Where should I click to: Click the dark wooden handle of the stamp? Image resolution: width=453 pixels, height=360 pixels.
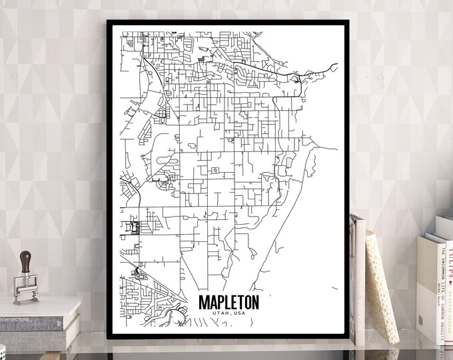26,260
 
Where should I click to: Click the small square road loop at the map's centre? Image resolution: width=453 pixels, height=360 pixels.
214,172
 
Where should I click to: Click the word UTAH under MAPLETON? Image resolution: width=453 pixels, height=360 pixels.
221,313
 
